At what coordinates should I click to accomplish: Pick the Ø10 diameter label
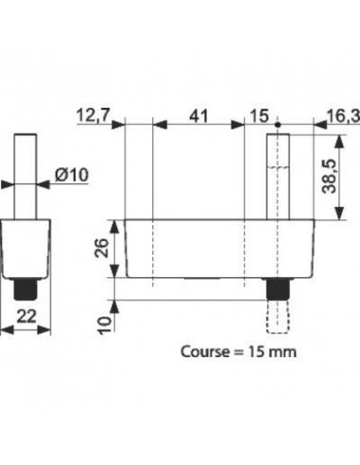tap(72, 174)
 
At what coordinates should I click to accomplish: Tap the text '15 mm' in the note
tap(270, 351)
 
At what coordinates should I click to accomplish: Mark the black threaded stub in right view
tap(278, 287)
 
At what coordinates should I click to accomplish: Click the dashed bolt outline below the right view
tap(278, 313)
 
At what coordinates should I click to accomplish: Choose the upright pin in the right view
tap(278, 175)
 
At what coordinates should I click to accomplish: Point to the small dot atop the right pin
tap(278, 125)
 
